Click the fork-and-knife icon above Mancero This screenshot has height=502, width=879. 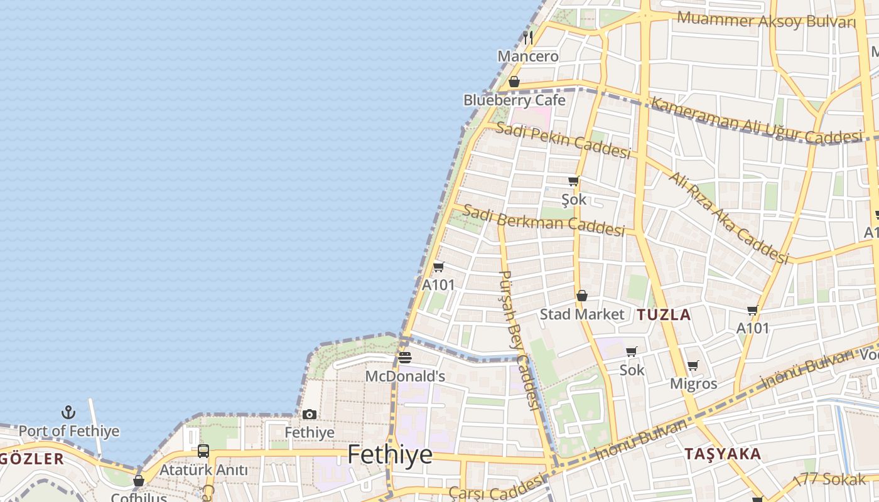pyautogui.click(x=528, y=37)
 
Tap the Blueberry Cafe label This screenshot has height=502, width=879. pyautogui.click(x=514, y=100)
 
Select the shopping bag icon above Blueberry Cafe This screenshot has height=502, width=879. pyautogui.click(x=514, y=82)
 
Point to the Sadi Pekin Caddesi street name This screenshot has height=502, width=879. pyautogui.click(x=563, y=141)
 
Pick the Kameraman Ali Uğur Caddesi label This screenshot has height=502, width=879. pyautogui.click(x=756, y=120)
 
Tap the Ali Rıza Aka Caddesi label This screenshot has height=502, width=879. pyautogui.click(x=728, y=217)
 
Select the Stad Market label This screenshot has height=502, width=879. pyautogui.click(x=582, y=314)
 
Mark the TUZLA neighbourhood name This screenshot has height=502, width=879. pyautogui.click(x=664, y=315)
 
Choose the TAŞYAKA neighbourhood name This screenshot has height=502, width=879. pyautogui.click(x=722, y=454)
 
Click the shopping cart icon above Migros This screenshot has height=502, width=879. pyautogui.click(x=693, y=365)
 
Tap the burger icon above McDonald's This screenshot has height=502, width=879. pyautogui.click(x=405, y=358)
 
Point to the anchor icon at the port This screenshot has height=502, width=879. pyautogui.click(x=68, y=412)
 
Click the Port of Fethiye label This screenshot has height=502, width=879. pyautogui.click(x=68, y=431)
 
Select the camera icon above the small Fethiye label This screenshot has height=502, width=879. pyautogui.click(x=310, y=414)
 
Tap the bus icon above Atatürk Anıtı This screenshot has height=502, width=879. pyautogui.click(x=203, y=451)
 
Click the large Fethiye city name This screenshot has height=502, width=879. pyautogui.click(x=390, y=454)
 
